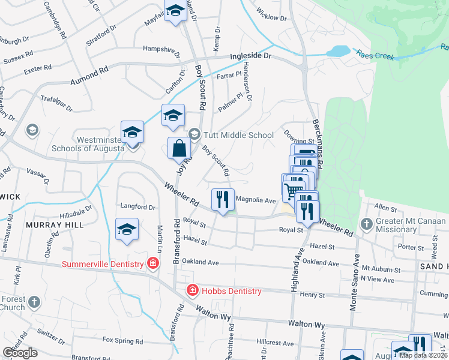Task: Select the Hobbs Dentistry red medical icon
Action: point(192,291)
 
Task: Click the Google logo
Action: point(20,353)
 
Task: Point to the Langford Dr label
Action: point(137,207)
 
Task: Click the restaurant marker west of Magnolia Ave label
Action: point(223,199)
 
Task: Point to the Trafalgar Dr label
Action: point(56,103)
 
